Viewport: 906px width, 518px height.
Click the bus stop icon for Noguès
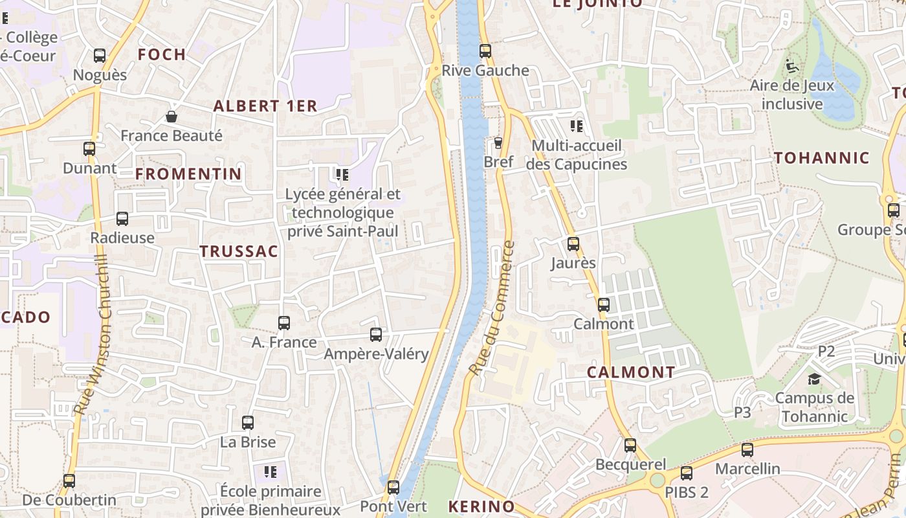point(100,56)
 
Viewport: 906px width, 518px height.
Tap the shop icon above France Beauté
point(171,117)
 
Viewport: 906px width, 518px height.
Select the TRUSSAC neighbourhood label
point(239,252)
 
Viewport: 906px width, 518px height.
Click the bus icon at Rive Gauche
point(485,51)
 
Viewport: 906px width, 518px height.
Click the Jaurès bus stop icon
point(573,244)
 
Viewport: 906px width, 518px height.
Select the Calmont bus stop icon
point(604,304)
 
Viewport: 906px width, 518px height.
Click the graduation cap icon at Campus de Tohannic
point(814,379)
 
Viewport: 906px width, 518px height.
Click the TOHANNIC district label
point(822,158)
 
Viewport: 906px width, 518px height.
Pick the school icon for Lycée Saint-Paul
point(342,174)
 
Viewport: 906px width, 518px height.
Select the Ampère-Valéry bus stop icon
point(376,335)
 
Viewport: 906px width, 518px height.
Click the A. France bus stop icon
point(284,322)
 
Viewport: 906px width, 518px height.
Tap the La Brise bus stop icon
point(248,423)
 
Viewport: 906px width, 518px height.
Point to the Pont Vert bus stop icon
point(393,487)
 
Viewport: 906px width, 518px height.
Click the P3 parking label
point(742,412)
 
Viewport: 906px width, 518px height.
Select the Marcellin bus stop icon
point(747,449)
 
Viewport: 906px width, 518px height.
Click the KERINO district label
point(481,506)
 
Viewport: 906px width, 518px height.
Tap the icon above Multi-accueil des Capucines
point(577,126)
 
